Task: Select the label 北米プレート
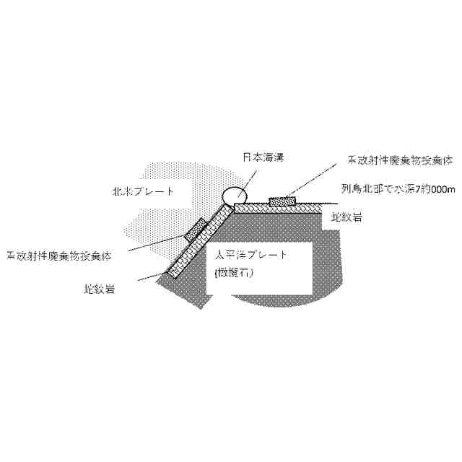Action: point(144,192)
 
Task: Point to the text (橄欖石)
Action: point(232,274)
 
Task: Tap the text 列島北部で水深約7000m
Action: point(398,189)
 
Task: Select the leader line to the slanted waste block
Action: point(152,245)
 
